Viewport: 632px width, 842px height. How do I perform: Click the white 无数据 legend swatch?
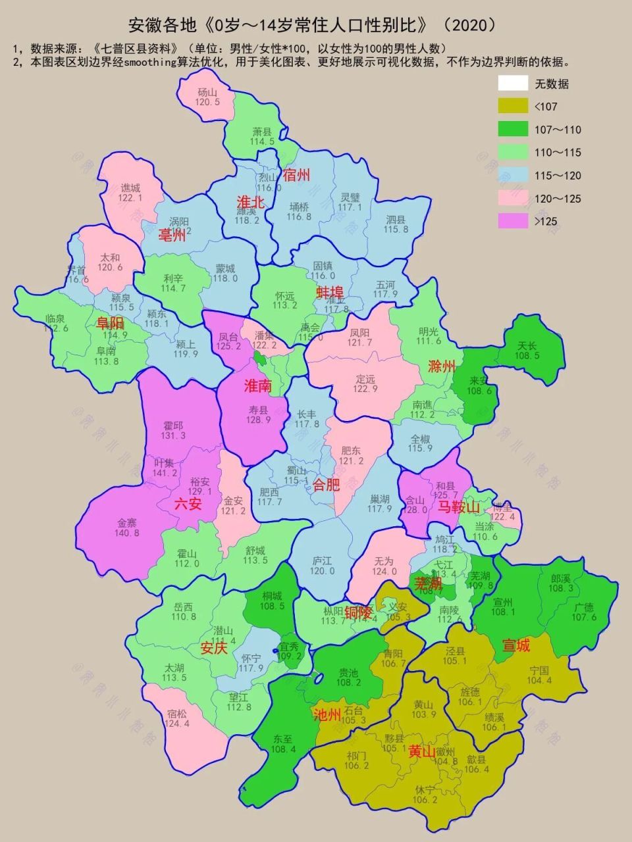(x=513, y=84)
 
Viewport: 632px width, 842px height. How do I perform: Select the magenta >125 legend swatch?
(x=513, y=221)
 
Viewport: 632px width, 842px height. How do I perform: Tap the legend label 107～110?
(x=558, y=130)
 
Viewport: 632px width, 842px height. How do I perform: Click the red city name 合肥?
(x=326, y=485)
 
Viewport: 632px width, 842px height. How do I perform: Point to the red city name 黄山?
(x=422, y=751)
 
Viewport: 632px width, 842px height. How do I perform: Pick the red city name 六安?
(x=188, y=505)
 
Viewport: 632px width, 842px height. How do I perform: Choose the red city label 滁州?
(x=442, y=366)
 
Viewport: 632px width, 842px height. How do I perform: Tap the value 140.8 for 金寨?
(x=128, y=533)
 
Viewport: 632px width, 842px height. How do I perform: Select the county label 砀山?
(x=207, y=92)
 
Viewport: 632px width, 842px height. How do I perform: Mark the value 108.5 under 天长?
(x=527, y=355)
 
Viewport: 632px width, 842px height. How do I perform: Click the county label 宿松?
(x=178, y=713)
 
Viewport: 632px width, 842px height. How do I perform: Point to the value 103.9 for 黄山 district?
(x=423, y=715)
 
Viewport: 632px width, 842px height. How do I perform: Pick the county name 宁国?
(x=539, y=671)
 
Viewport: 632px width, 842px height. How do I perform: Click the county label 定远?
(x=365, y=379)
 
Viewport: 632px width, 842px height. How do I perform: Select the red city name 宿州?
(x=296, y=175)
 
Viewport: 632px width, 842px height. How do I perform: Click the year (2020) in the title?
(x=470, y=26)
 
